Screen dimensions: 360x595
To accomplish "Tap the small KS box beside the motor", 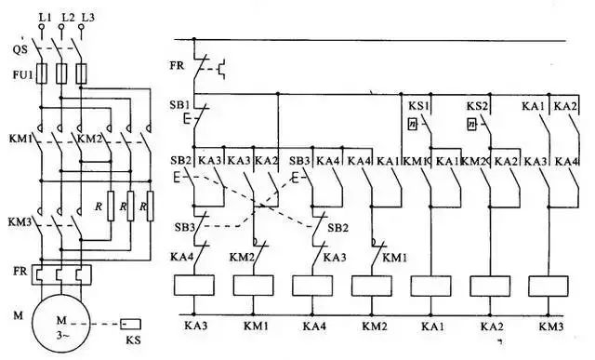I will (130, 325).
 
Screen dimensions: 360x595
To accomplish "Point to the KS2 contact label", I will (477, 106).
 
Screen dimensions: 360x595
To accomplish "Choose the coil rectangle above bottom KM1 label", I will (253, 287).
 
